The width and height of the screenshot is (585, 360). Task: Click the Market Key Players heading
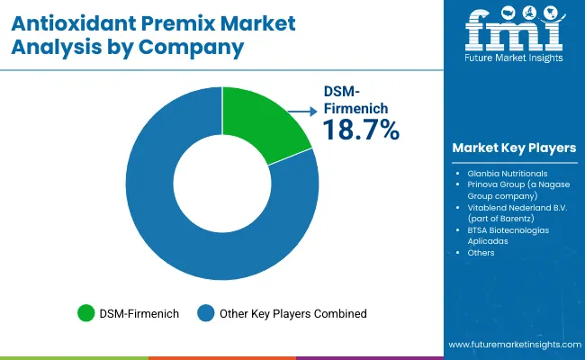point(515,147)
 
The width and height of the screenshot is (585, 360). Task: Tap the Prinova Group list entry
point(513,189)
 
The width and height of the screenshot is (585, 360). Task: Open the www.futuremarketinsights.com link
point(512,345)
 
